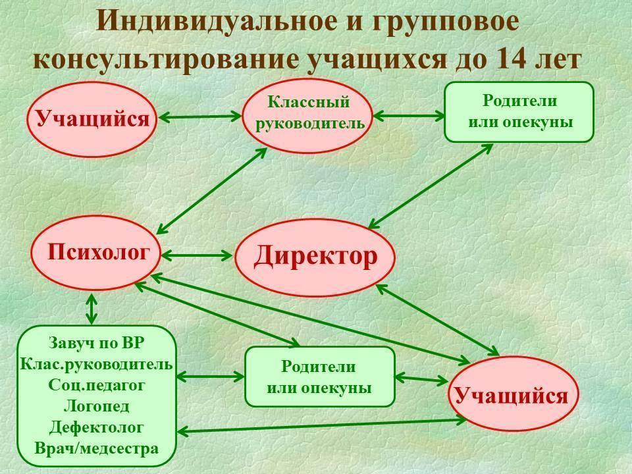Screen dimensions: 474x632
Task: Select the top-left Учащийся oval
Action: (x=92, y=119)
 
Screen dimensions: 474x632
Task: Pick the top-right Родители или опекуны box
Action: (x=519, y=112)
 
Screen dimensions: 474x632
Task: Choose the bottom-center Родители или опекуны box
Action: (x=319, y=377)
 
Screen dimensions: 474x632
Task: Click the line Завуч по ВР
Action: (x=96, y=344)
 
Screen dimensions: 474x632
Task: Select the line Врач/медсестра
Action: (x=97, y=448)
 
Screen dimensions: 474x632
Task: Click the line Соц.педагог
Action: (x=97, y=384)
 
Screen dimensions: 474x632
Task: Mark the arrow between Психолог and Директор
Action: (x=197, y=254)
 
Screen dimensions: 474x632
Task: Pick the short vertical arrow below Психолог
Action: (x=92, y=308)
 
